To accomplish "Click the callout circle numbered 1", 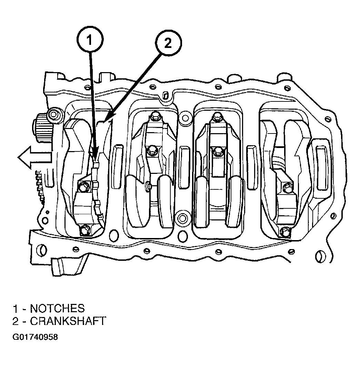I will coord(89,40).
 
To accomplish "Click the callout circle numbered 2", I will coord(167,43).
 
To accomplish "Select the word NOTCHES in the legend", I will coord(57,308).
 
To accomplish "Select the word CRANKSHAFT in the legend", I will coord(68,321).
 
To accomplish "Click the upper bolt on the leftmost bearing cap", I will coord(83,187).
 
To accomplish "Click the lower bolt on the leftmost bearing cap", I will coord(84,230).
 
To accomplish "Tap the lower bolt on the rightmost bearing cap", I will coord(285,231).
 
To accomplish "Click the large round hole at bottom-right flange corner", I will coord(321,256).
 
